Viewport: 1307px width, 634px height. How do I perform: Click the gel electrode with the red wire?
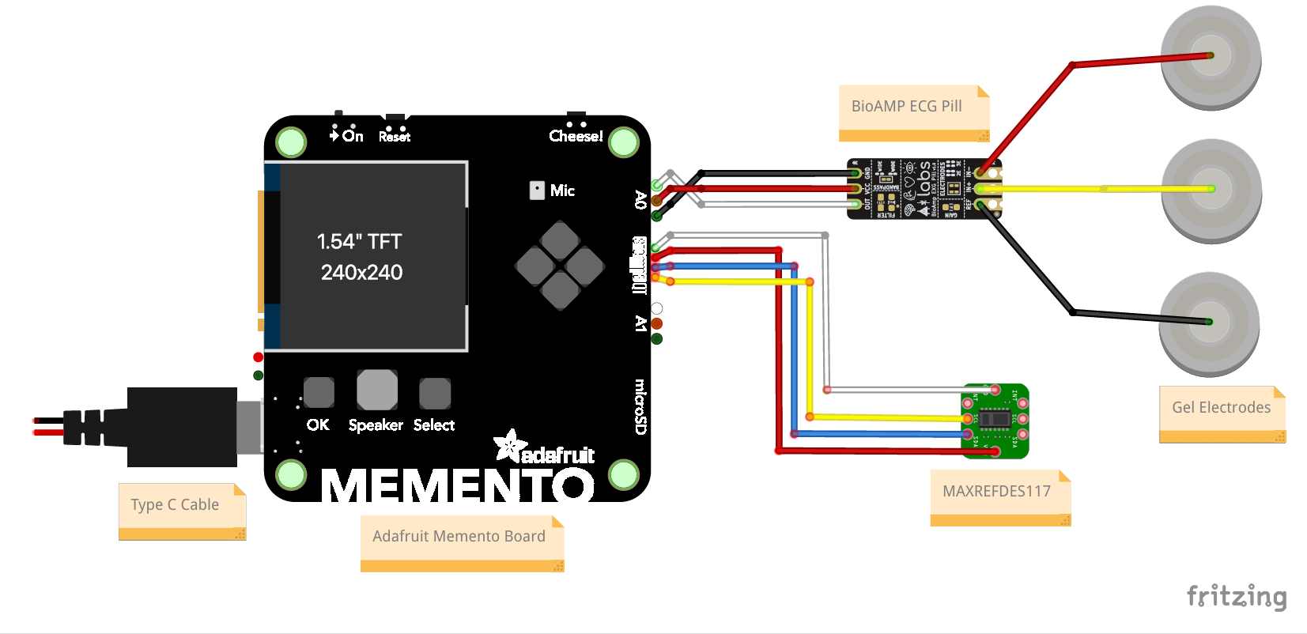click(1210, 57)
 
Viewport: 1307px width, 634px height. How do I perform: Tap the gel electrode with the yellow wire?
click(1211, 190)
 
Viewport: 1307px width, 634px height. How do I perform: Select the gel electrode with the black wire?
click(1208, 323)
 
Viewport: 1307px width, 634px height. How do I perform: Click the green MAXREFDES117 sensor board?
click(995, 421)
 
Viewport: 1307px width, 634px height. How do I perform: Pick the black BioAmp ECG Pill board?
click(924, 189)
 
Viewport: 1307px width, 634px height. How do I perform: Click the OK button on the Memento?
click(319, 392)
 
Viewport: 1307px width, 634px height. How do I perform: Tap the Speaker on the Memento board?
click(376, 390)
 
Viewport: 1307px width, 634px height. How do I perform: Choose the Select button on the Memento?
click(434, 393)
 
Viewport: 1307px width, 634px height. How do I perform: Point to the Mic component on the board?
click(537, 191)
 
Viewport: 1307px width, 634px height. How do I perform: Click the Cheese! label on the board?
click(576, 136)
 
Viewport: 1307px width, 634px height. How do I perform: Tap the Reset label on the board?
click(394, 137)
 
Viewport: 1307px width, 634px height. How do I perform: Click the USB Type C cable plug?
click(182, 427)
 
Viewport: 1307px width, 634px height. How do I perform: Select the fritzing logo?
click(1236, 596)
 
